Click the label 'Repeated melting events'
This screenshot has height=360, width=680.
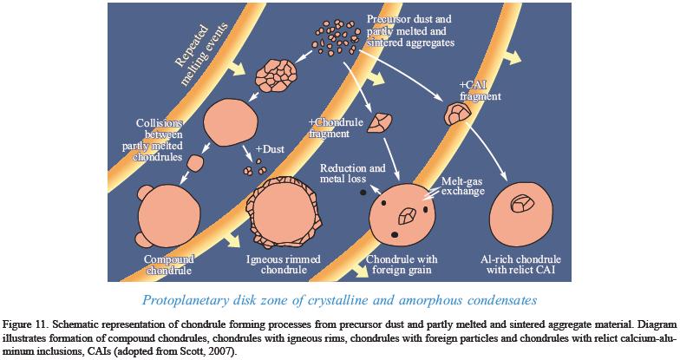pyautogui.click(x=199, y=61)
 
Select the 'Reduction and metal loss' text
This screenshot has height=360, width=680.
pyautogui.click(x=353, y=173)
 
